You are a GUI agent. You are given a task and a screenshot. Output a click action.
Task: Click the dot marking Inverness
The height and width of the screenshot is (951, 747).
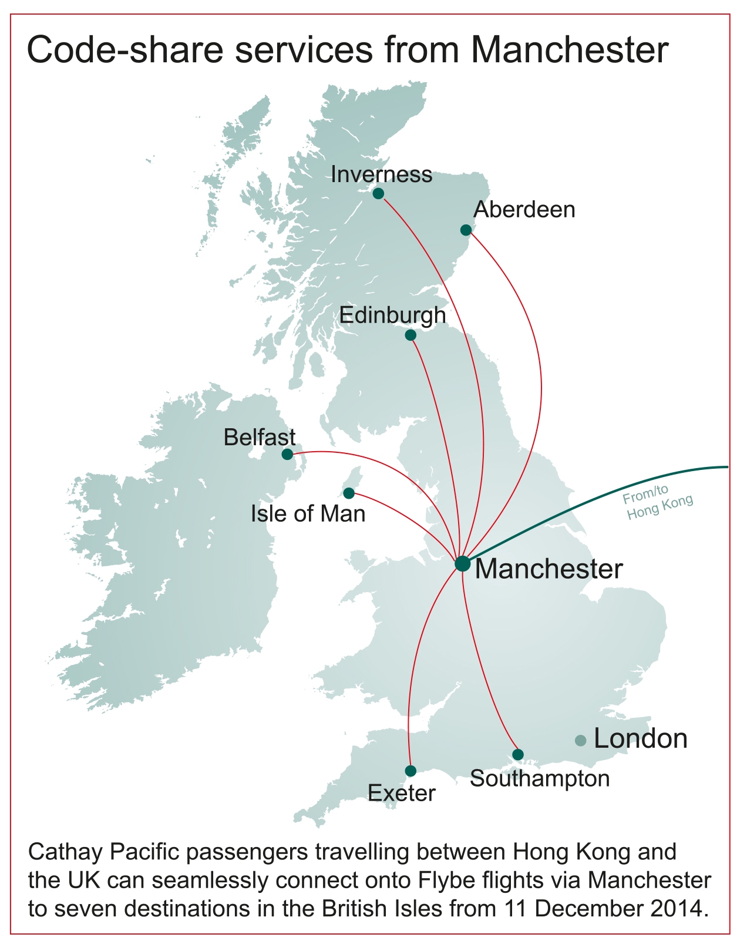(378, 193)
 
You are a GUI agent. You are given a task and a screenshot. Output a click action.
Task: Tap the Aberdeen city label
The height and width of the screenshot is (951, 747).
(524, 210)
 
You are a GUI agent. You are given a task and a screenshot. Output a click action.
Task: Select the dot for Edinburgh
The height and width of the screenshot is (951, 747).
(410, 335)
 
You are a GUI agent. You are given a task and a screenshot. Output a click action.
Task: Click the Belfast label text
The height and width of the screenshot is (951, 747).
(260, 438)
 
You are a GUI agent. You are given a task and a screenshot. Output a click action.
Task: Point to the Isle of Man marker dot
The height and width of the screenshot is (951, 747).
(349, 493)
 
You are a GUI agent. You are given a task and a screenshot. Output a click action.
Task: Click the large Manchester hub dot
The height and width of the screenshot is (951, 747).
(463, 563)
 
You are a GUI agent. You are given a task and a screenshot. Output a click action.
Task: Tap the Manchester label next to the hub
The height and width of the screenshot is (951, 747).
(549, 569)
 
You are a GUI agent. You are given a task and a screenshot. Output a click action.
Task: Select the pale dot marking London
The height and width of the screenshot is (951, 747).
(581, 741)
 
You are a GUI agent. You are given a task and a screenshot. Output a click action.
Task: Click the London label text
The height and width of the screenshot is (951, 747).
(640, 739)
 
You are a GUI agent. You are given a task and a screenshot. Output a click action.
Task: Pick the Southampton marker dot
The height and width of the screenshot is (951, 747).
(517, 754)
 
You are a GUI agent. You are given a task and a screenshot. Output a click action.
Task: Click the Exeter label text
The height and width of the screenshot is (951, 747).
(402, 794)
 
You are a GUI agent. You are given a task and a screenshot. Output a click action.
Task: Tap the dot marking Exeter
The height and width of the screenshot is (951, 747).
(410, 771)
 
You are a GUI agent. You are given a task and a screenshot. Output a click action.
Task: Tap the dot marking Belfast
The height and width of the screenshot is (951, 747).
(287, 454)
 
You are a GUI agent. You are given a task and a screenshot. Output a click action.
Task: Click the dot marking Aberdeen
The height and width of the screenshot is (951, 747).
(466, 230)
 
